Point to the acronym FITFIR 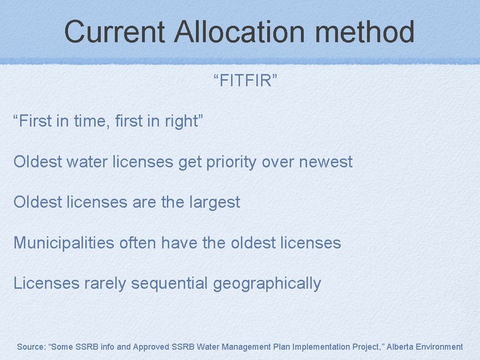[x=246, y=81]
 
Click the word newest [x=326, y=162]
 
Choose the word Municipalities [x=64, y=243]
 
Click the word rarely [x=105, y=284]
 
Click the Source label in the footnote [x=30, y=347]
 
